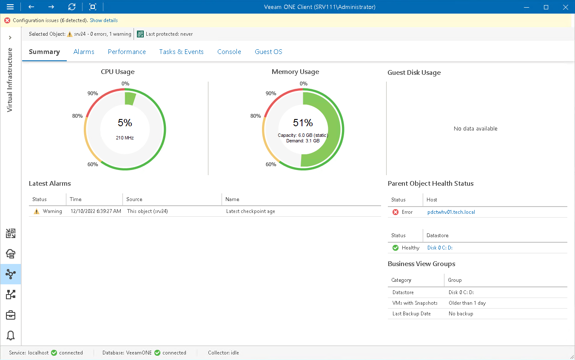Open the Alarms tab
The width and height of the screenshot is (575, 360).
pyautogui.click(x=84, y=52)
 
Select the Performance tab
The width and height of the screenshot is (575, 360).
pyautogui.click(x=127, y=52)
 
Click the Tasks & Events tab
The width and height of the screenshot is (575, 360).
pyautogui.click(x=181, y=52)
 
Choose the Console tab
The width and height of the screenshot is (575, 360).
pyautogui.click(x=229, y=52)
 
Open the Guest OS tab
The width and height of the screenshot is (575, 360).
pyautogui.click(x=268, y=52)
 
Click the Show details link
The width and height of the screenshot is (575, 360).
pyautogui.click(x=103, y=20)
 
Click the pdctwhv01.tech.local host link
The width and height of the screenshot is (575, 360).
pyautogui.click(x=451, y=212)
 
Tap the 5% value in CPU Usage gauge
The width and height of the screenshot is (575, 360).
pyautogui.click(x=125, y=123)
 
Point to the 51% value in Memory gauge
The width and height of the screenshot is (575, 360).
pyautogui.click(x=303, y=123)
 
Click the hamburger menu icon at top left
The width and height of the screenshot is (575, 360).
pyautogui.click(x=10, y=7)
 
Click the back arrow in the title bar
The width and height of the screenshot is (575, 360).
pyautogui.click(x=31, y=7)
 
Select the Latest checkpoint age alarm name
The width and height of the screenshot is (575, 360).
pyautogui.click(x=250, y=211)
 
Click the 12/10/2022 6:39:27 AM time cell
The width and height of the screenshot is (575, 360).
pyautogui.click(x=95, y=211)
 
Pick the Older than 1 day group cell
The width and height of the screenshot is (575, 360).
pyautogui.click(x=467, y=303)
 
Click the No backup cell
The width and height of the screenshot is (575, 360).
pyautogui.click(x=461, y=314)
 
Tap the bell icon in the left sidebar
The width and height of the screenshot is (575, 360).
pyautogui.click(x=11, y=335)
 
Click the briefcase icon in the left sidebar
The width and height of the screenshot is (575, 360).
pyautogui.click(x=11, y=315)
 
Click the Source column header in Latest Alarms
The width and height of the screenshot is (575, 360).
pyautogui.click(x=134, y=199)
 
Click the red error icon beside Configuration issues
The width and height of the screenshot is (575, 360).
pyautogui.click(x=7, y=20)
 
